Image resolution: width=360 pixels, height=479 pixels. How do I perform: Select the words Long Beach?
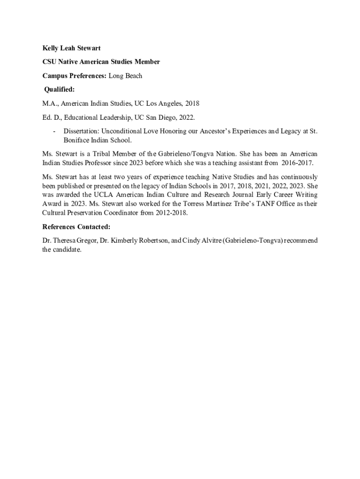click(125, 75)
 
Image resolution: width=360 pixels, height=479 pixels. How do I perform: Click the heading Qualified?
click(59, 89)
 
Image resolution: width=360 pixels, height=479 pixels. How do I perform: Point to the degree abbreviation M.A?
click(50, 103)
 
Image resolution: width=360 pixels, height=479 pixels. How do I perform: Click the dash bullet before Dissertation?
click(55, 131)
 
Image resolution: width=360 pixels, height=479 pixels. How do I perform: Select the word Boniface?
click(77, 140)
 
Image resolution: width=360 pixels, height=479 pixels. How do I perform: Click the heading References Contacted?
click(76, 227)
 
